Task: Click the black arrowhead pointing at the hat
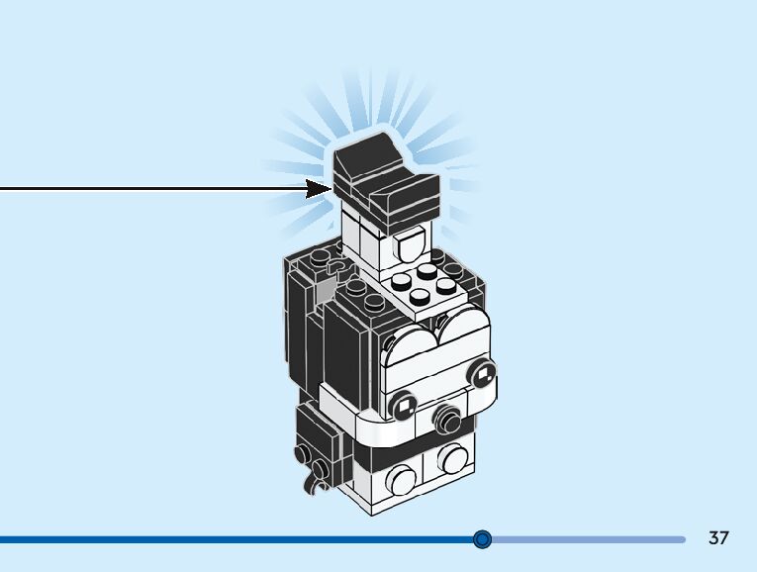point(319,188)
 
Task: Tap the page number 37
point(718,538)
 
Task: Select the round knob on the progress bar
point(482,539)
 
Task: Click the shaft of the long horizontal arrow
point(148,188)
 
